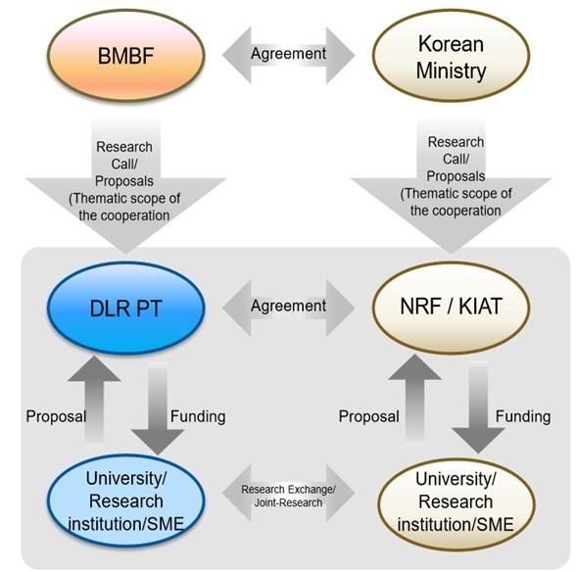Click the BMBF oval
(x=126, y=56)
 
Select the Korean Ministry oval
(x=451, y=56)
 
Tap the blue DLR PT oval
(x=126, y=308)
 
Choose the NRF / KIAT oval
(x=451, y=308)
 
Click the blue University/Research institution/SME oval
(x=126, y=500)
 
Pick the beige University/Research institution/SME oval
(x=456, y=504)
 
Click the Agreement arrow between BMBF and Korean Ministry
(x=288, y=55)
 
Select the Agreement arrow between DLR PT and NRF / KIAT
(x=288, y=308)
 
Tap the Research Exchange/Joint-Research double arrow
(x=288, y=493)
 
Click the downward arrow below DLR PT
(x=158, y=408)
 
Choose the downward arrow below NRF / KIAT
(x=478, y=407)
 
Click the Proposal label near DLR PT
(x=56, y=417)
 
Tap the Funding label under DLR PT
(x=198, y=416)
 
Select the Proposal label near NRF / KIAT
(x=368, y=416)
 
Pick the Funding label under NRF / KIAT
(x=523, y=416)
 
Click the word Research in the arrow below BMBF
(x=124, y=147)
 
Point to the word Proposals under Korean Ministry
(x=456, y=176)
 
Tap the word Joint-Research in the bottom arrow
(x=288, y=502)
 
